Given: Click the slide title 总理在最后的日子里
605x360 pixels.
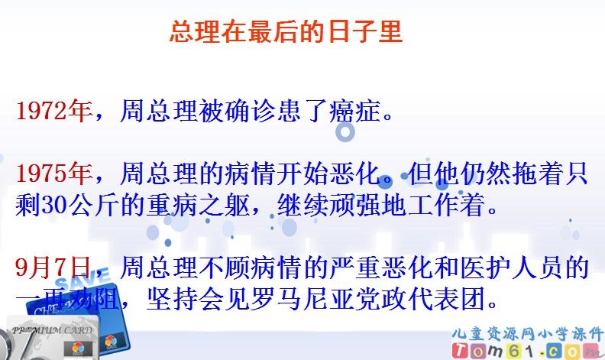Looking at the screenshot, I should [x=285, y=32].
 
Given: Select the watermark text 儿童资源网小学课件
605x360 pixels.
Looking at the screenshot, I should [x=527, y=331].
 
